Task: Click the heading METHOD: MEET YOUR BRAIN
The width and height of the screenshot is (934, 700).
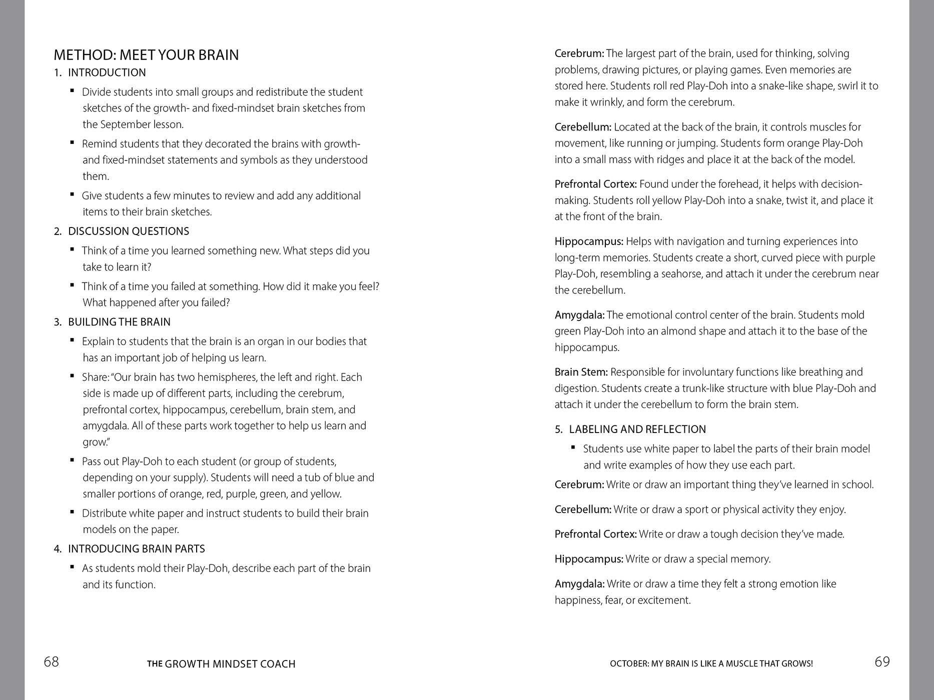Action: tap(146, 54)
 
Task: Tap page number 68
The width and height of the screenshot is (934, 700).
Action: tap(51, 662)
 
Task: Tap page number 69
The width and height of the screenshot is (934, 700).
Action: tap(882, 662)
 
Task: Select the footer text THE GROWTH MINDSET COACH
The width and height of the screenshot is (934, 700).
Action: tap(221, 664)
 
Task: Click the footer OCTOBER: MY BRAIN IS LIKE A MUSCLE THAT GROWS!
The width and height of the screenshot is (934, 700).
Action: tap(711, 664)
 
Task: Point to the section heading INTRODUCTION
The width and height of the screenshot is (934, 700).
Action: tap(107, 72)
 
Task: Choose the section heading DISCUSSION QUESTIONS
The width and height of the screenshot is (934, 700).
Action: tap(128, 231)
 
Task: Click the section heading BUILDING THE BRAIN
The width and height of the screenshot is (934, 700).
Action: tap(119, 322)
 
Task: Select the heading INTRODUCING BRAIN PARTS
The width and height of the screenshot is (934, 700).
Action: tap(136, 549)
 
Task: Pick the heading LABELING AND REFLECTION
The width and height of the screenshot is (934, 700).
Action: tap(637, 429)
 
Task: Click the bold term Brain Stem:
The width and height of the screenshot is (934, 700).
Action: tap(581, 372)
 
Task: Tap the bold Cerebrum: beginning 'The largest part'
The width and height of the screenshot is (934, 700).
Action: tap(579, 53)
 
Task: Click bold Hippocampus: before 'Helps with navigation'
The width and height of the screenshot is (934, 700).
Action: tap(589, 241)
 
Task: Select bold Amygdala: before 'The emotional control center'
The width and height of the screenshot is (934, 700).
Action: tap(579, 315)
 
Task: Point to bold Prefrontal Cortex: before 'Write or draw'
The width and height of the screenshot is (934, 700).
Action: tap(595, 534)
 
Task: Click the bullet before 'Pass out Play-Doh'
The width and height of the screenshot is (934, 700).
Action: tap(73, 460)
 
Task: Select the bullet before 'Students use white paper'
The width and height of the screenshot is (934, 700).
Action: tap(573, 447)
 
